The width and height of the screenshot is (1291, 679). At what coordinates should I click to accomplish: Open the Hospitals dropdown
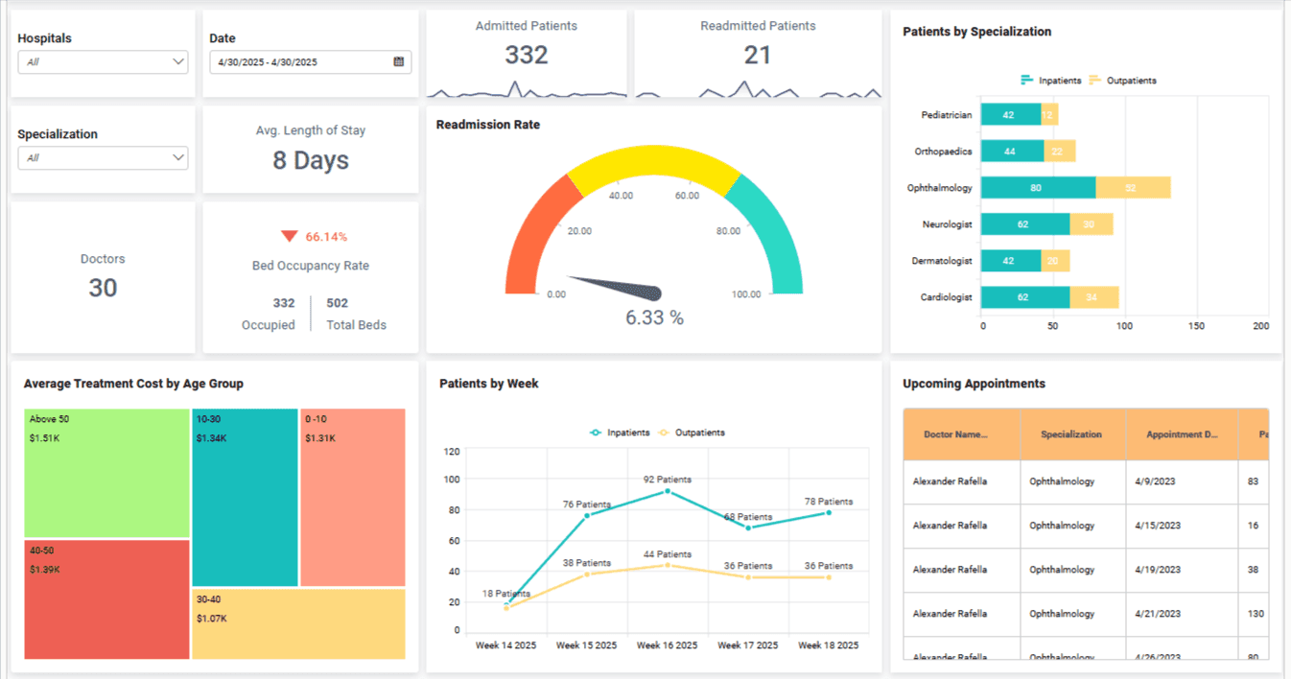click(103, 62)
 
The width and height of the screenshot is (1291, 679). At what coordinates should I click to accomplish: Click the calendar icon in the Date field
click(399, 62)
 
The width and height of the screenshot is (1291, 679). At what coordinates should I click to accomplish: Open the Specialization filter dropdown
click(103, 158)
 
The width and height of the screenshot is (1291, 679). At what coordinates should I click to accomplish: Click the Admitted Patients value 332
click(526, 56)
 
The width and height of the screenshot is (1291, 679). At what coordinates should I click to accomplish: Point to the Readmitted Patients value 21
click(757, 56)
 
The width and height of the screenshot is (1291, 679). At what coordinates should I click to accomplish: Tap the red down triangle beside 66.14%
click(289, 237)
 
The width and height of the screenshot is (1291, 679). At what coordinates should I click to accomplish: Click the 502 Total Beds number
click(337, 303)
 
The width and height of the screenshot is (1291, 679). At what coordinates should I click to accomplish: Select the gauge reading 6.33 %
click(654, 317)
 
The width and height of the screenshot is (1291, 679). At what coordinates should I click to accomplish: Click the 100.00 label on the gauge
click(745, 294)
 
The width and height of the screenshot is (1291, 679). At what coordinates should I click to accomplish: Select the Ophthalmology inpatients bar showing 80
click(1037, 188)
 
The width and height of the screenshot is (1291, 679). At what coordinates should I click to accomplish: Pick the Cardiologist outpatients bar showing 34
click(1093, 297)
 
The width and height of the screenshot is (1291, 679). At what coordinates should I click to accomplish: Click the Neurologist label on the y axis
click(947, 224)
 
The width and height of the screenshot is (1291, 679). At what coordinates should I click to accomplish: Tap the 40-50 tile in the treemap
click(106, 598)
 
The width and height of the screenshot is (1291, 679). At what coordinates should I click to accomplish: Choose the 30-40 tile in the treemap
click(298, 623)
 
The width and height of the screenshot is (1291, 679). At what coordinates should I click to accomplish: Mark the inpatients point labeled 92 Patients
click(668, 491)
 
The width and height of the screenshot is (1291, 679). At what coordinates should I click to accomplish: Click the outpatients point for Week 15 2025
click(587, 574)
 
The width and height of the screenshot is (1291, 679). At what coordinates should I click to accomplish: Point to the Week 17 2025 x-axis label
click(748, 645)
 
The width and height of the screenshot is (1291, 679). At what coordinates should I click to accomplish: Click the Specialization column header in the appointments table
click(1071, 434)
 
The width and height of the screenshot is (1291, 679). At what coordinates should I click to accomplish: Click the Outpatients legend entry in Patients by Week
click(692, 433)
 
